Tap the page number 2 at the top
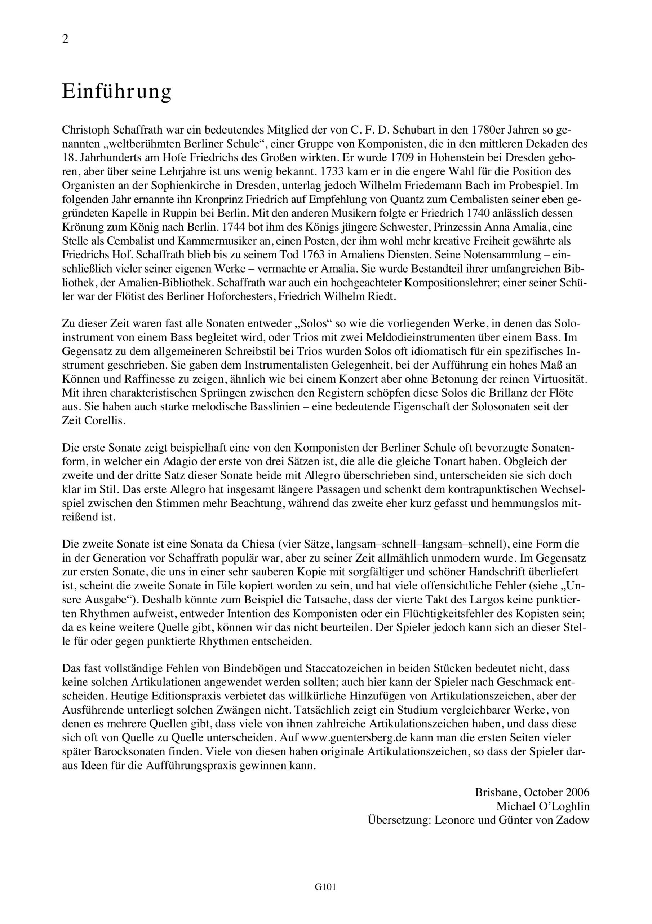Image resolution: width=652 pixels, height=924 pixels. click(x=66, y=39)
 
